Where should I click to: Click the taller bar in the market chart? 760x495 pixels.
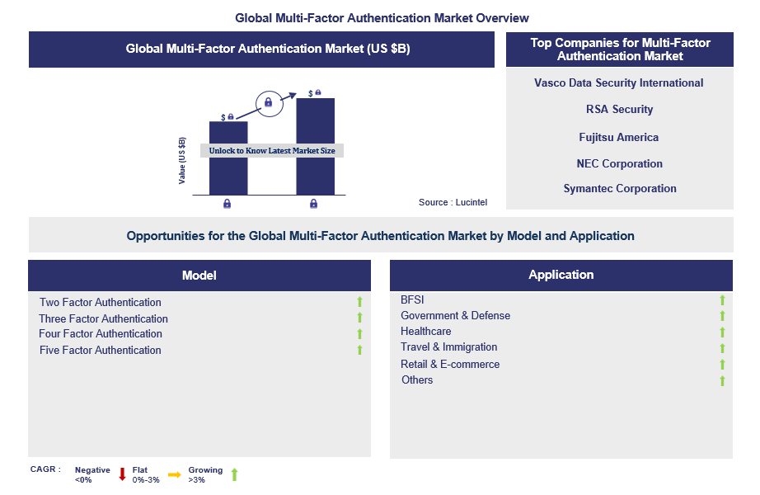[x=316, y=147]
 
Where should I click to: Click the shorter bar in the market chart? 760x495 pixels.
[x=228, y=158]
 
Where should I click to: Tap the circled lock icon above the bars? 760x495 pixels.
[x=269, y=103]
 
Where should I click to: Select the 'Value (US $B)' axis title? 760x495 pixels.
[x=182, y=161]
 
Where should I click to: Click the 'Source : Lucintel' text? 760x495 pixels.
[x=453, y=202]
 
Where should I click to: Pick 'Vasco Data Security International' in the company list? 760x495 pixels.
[x=618, y=83]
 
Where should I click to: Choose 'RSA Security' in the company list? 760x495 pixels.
[x=619, y=109]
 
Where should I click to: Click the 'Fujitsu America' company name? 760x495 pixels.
[x=618, y=137]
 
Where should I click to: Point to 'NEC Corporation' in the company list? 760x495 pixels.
[x=619, y=163]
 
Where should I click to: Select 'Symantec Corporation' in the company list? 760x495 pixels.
[x=620, y=188]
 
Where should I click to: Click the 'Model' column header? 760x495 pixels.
[x=199, y=276]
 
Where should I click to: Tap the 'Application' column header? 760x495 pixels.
[x=561, y=275]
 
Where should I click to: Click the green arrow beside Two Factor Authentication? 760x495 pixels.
[x=359, y=302]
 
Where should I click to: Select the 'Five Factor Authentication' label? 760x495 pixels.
[x=101, y=351]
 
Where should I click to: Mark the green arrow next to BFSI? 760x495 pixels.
[x=722, y=300]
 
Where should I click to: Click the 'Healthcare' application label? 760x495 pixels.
[x=425, y=332]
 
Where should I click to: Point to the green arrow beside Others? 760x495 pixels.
[x=722, y=381]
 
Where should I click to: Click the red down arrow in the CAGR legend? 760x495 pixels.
[x=122, y=474]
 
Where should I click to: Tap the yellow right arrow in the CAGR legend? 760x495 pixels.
[x=175, y=474]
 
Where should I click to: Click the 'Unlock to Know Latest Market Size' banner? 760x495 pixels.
[x=272, y=150]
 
